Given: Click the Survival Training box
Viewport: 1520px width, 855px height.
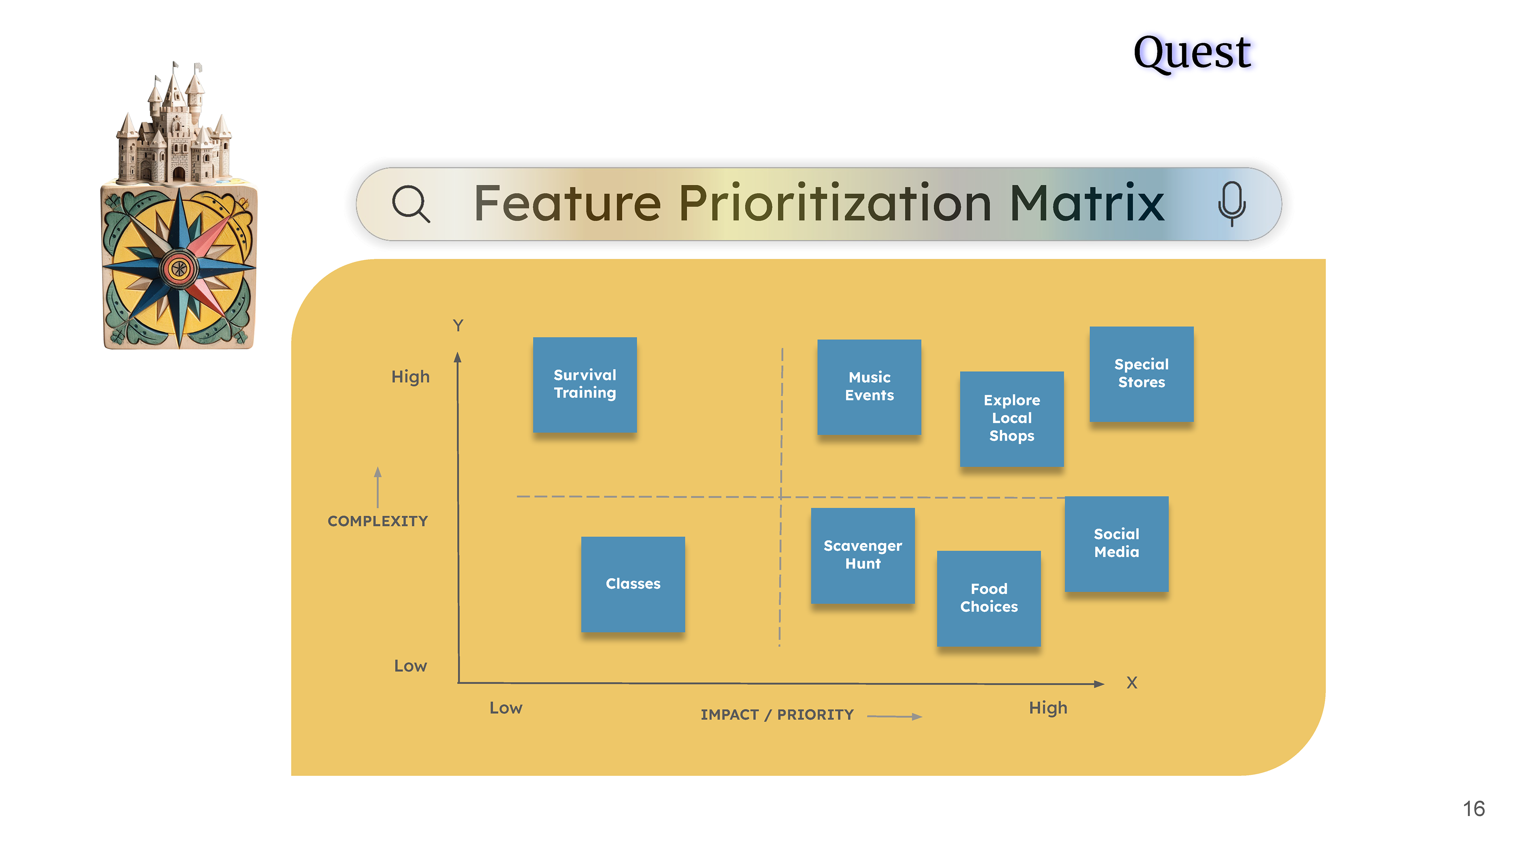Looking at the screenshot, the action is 585,385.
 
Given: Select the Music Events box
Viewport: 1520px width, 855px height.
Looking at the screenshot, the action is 869,386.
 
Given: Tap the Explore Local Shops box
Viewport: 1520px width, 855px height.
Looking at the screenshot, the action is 1012,418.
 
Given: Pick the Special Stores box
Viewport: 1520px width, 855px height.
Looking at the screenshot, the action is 1142,374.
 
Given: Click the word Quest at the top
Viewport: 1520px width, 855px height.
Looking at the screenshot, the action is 1192,53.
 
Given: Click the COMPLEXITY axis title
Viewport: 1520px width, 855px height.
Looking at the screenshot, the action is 378,521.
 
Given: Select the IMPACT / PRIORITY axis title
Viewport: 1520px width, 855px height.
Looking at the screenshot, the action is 777,714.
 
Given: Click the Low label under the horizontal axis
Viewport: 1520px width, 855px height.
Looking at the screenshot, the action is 506,707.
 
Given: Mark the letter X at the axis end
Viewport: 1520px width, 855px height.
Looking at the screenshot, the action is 1132,683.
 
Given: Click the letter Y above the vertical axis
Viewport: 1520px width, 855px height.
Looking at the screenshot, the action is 458,325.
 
